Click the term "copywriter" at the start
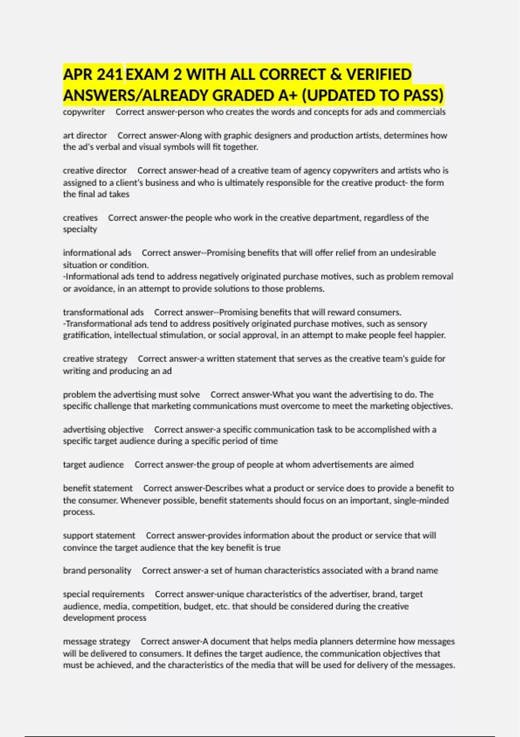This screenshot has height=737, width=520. (x=84, y=112)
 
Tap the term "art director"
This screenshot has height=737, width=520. (x=85, y=135)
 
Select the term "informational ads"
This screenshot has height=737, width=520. (x=97, y=253)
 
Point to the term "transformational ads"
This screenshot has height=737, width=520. (x=103, y=312)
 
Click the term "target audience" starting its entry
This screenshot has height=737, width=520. (x=93, y=465)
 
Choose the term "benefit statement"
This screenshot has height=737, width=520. (x=98, y=488)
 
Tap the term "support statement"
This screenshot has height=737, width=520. (x=99, y=535)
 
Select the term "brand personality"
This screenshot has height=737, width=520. (x=97, y=571)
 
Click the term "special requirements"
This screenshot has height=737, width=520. (x=104, y=594)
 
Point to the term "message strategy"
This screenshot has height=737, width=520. (x=97, y=641)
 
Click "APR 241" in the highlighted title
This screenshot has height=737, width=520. (x=93, y=75)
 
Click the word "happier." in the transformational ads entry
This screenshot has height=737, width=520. (x=430, y=335)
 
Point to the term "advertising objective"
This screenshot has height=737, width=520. (x=103, y=430)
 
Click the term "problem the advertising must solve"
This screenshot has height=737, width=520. (x=131, y=395)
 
